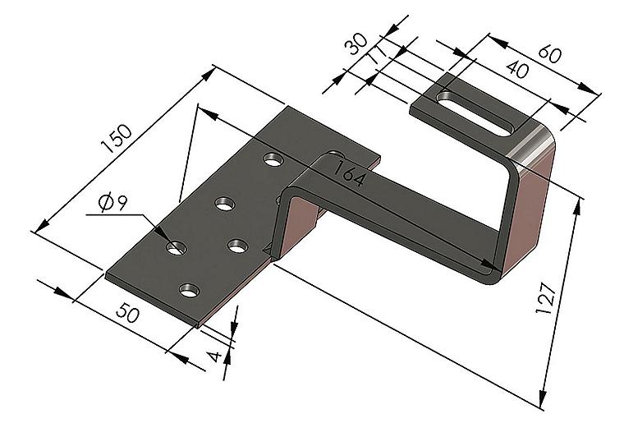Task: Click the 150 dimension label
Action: (117, 139)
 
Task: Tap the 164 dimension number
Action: (349, 173)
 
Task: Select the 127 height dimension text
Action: (545, 298)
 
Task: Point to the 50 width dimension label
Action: (128, 312)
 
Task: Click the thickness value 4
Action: (215, 356)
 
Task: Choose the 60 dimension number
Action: (549, 54)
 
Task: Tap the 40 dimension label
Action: (517, 69)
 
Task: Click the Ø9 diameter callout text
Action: (113, 202)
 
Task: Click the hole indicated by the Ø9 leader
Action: (177, 248)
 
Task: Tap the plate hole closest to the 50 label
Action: (190, 291)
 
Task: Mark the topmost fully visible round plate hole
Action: (273, 159)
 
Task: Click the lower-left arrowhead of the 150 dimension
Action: (42, 226)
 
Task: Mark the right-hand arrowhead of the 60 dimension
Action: (588, 89)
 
